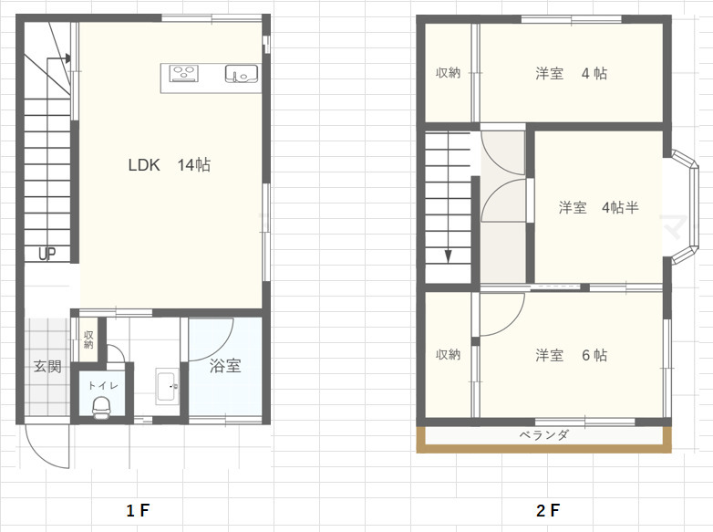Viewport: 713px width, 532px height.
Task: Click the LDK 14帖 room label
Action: pos(170,165)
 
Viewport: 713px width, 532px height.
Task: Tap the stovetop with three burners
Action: pos(183,73)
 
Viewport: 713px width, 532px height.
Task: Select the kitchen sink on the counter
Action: pos(241,74)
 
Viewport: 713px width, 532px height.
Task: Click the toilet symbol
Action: pos(101,406)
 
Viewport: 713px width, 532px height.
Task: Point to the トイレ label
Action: pos(103,386)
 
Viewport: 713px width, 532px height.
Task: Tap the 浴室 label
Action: pos(225,366)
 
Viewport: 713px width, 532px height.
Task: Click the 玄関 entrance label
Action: pos(47,366)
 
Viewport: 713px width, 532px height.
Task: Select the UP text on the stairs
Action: pos(47,254)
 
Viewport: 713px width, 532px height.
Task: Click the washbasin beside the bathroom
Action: pos(167,386)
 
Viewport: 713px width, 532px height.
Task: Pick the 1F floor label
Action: pos(138,511)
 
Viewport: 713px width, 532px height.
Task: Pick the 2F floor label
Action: pos(547,511)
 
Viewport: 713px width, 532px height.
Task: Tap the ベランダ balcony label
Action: pos(543,435)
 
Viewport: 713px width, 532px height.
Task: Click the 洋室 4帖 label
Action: pos(571,73)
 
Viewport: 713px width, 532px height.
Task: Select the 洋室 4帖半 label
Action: pos(599,207)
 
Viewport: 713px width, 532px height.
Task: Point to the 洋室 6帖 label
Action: pos(571,355)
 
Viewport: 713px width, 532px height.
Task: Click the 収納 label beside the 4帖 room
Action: pos(448,73)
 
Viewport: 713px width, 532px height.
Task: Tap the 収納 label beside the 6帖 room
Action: pos(448,355)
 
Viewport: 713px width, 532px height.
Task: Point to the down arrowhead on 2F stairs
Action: pos(448,256)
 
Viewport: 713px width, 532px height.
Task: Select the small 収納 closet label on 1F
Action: pos(88,340)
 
